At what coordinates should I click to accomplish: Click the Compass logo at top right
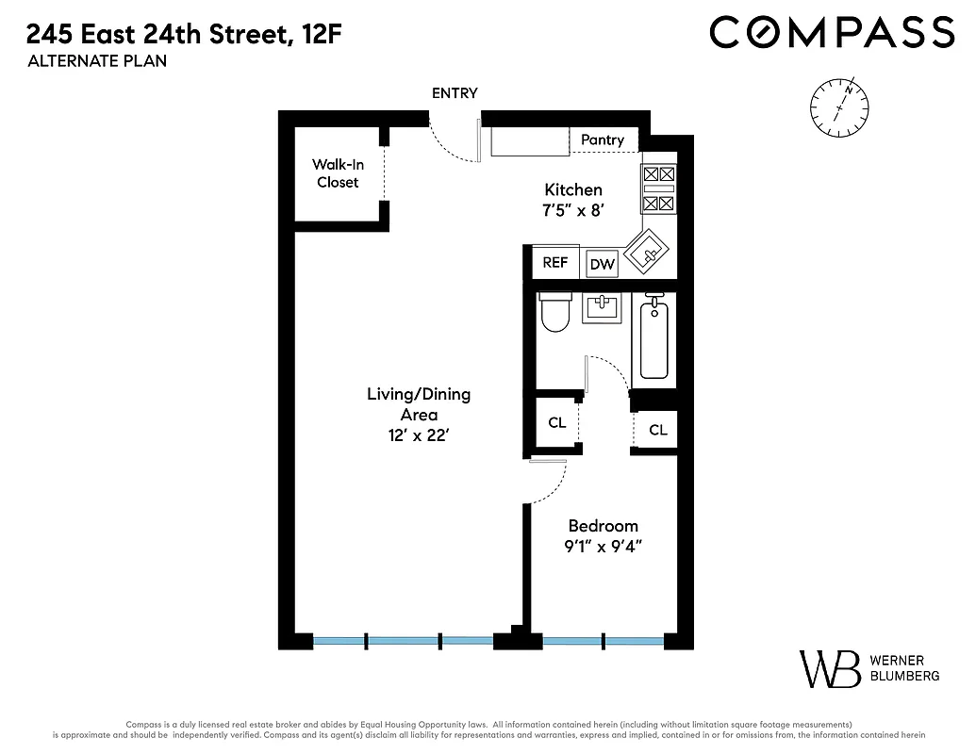(x=832, y=32)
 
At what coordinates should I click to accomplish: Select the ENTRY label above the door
(x=455, y=93)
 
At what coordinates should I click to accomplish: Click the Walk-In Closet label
(x=338, y=173)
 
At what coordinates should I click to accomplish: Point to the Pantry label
(x=603, y=139)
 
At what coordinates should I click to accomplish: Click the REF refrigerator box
(x=555, y=263)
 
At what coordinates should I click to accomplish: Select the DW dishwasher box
(x=602, y=265)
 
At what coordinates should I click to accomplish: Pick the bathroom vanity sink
(x=603, y=307)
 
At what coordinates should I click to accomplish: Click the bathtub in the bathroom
(x=654, y=339)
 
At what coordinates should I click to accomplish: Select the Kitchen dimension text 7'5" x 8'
(x=572, y=211)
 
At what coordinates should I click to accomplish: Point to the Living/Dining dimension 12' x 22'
(x=418, y=435)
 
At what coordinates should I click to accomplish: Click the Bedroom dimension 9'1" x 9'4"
(x=603, y=546)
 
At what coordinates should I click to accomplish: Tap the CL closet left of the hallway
(x=557, y=423)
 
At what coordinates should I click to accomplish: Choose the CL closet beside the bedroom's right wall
(x=657, y=430)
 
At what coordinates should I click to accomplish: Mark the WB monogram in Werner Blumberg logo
(x=830, y=668)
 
